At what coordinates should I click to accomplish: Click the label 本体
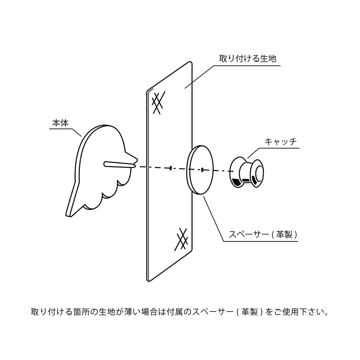click(60, 123)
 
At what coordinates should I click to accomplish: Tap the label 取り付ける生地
click(247, 59)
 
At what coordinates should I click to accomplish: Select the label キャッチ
click(281, 141)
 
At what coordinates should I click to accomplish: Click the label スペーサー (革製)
click(263, 234)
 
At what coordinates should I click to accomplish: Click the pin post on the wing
click(120, 164)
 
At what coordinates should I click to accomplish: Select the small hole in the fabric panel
click(171, 168)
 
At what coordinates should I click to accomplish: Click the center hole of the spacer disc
click(202, 170)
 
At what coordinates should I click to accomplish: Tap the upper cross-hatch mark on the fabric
click(158, 103)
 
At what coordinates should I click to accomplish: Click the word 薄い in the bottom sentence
click(131, 312)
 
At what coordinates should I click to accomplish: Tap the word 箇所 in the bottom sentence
click(81, 312)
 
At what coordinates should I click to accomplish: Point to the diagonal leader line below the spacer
click(214, 218)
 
